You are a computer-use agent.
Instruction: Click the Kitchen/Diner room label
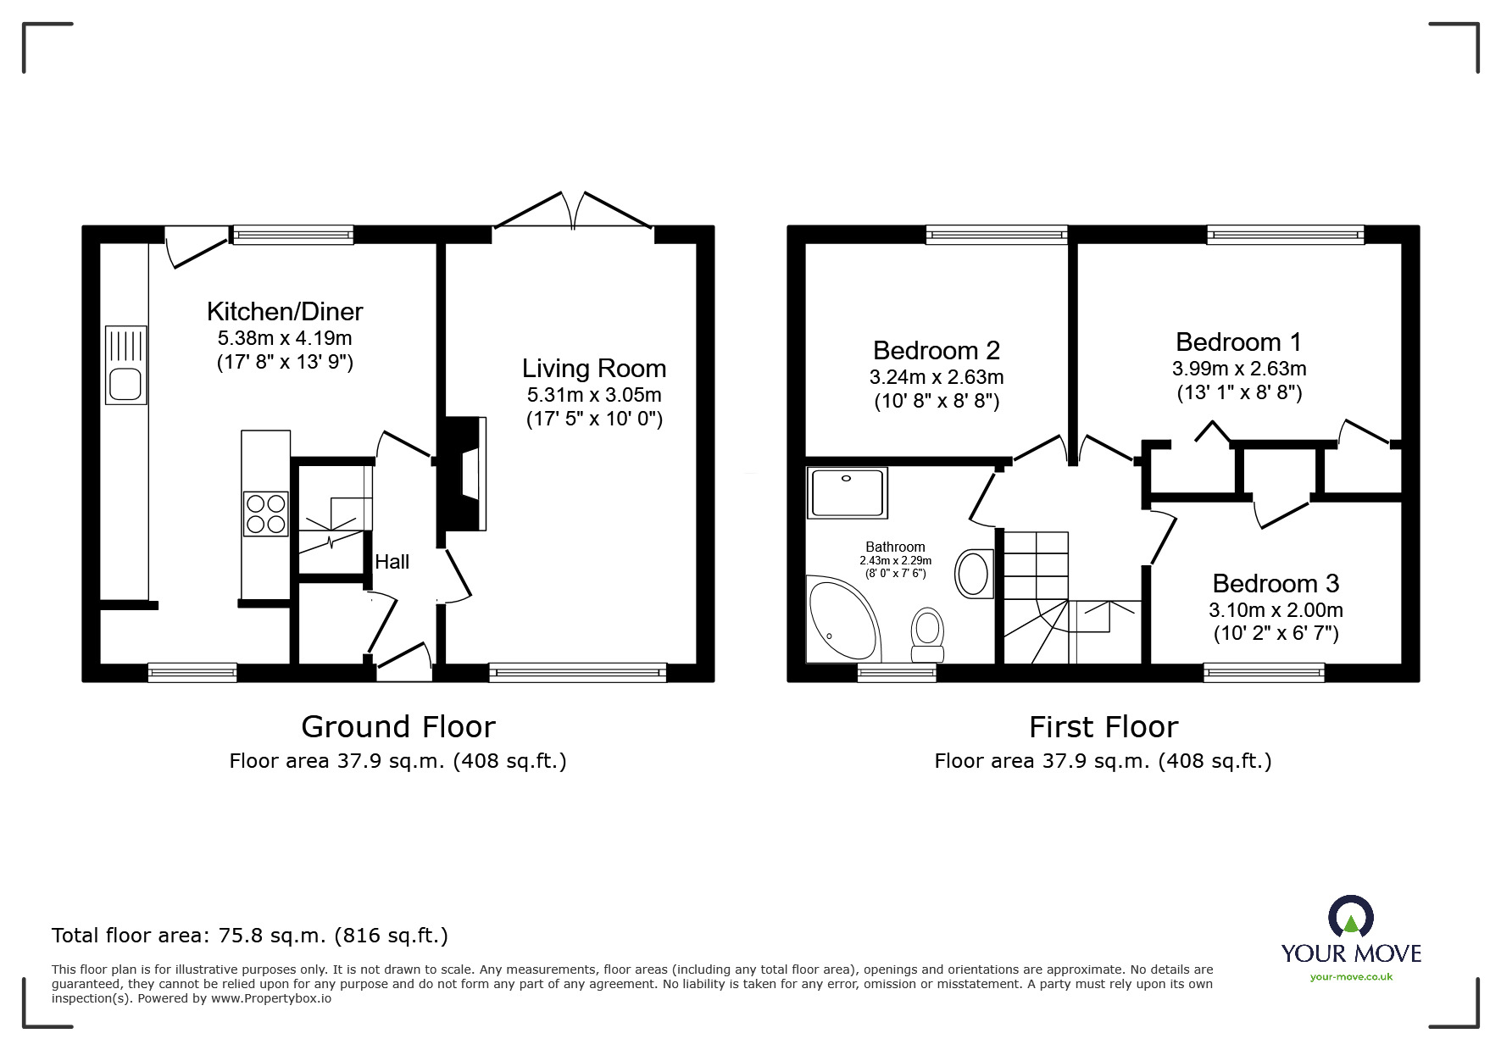285,312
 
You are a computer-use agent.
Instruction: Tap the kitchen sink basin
125,386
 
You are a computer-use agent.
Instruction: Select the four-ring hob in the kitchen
266,514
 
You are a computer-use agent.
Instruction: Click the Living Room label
593,369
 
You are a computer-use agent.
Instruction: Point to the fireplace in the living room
464,474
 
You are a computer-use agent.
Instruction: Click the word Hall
392,562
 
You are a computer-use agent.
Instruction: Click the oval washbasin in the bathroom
973,574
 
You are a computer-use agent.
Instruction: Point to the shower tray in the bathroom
848,492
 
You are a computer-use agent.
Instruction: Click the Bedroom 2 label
936,350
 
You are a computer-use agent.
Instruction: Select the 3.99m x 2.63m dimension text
1238,369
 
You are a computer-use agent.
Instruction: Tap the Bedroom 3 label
1275,583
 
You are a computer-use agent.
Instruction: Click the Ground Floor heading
397,727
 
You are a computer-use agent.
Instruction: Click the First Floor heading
1103,727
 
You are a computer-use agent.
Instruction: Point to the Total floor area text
250,936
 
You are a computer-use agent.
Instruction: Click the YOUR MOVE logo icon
1350,918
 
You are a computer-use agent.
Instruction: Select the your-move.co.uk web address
1351,977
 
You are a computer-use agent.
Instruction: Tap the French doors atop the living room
574,212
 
